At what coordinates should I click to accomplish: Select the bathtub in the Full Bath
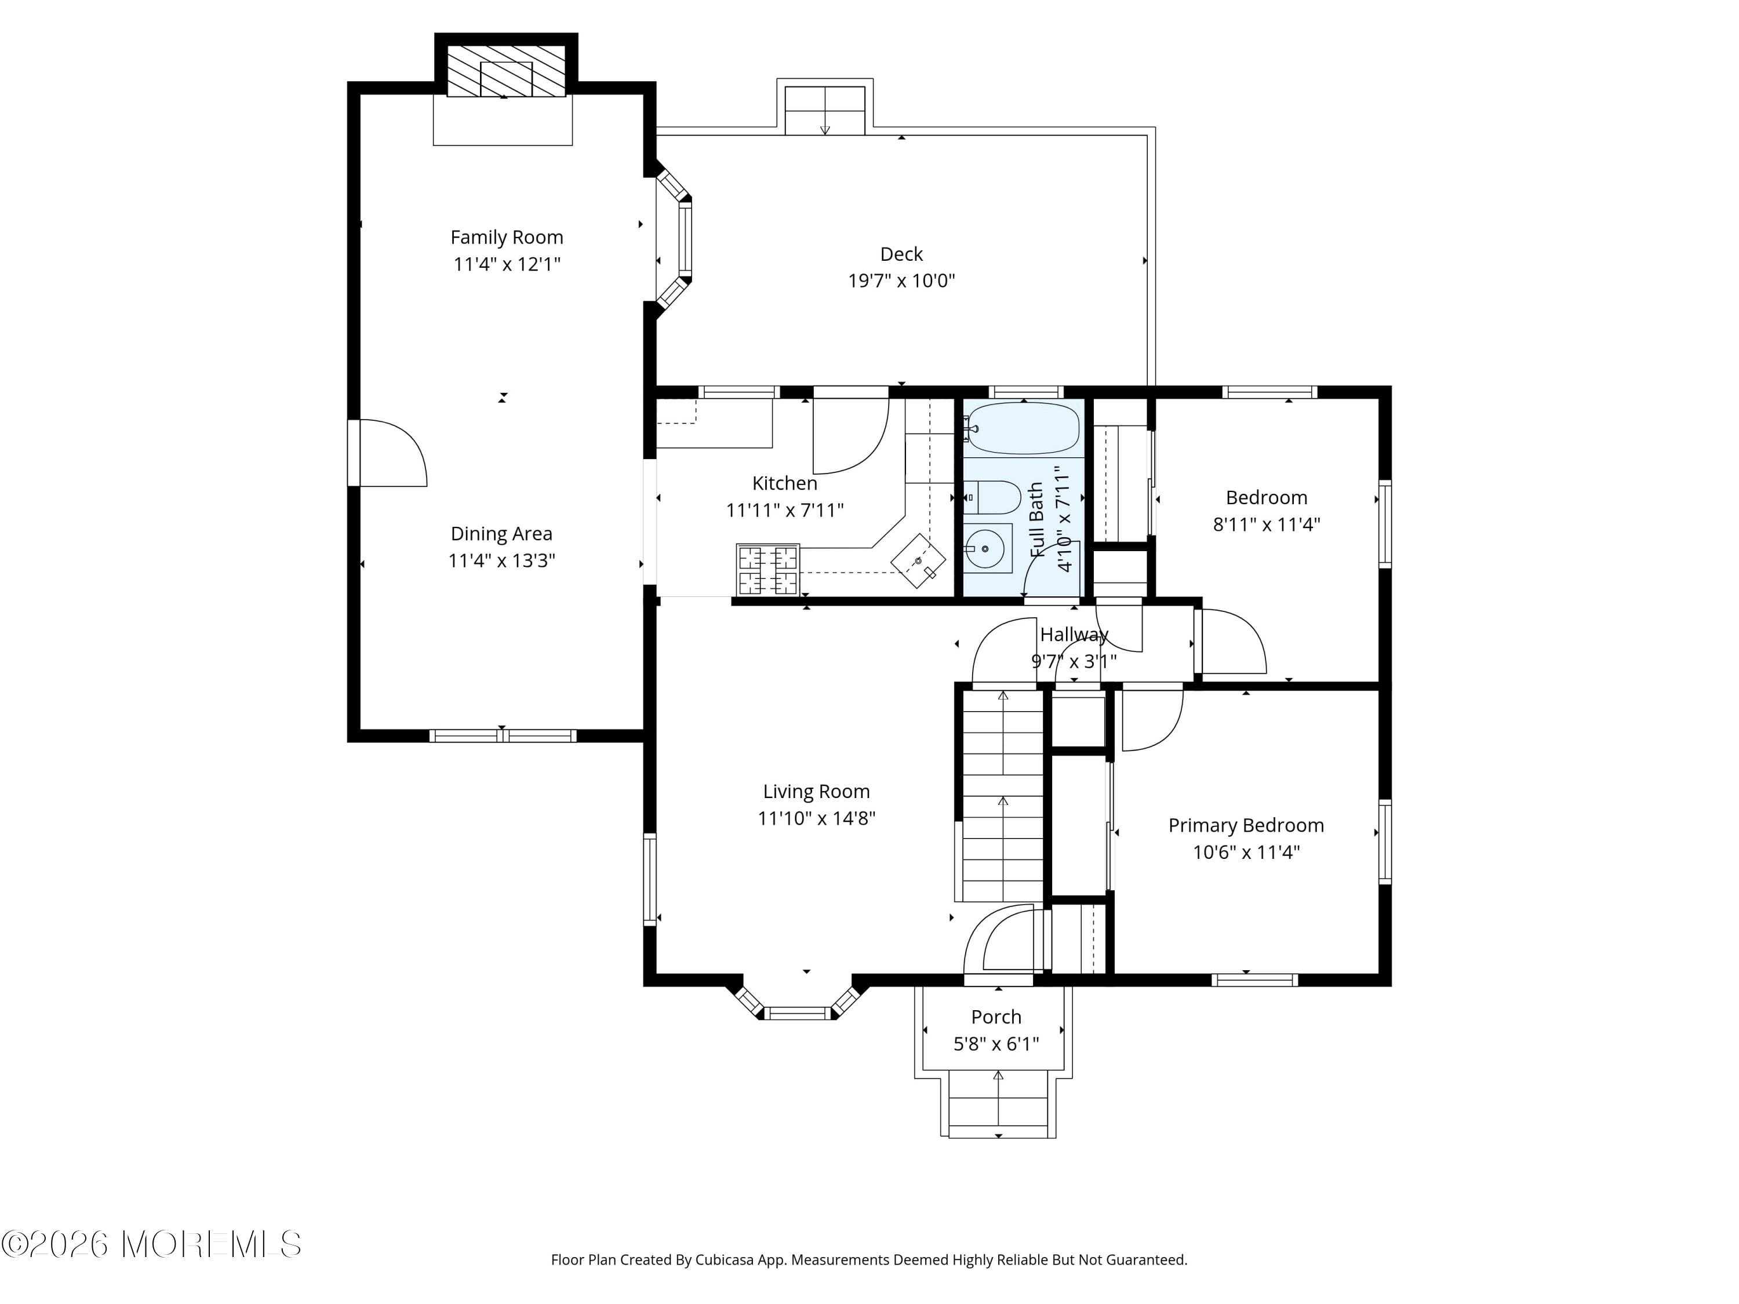tap(1023, 428)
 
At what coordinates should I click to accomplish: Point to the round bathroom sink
tap(986, 548)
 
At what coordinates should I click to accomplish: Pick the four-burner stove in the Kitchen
tap(768, 570)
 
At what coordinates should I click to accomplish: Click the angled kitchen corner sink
tap(918, 561)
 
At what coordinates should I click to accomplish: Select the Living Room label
tap(816, 792)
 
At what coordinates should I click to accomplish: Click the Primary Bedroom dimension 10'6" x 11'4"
tap(1246, 852)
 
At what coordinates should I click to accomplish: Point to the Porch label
tap(996, 1017)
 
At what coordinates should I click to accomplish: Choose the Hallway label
tap(1074, 634)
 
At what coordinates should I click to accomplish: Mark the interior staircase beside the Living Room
tap(1002, 796)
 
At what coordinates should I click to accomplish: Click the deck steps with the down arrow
tap(825, 111)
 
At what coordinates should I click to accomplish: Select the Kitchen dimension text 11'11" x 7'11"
tap(785, 510)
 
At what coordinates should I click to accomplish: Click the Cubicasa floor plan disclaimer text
tap(869, 1259)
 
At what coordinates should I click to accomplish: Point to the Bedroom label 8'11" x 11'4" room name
tap(1267, 497)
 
